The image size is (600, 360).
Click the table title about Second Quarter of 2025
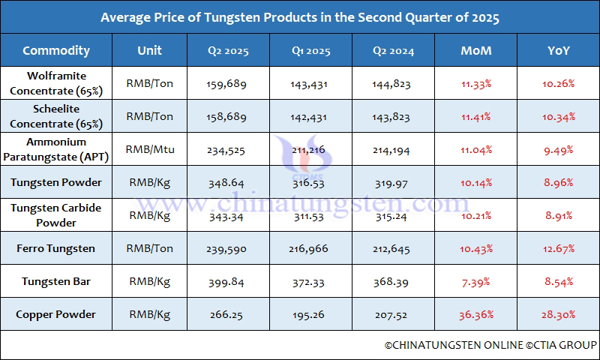tap(300, 16)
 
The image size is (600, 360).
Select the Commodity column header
tap(56, 51)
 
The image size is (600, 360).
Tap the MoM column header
tap(476, 51)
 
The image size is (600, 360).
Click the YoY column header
tap(558, 51)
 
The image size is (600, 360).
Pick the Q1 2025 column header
tap(310, 52)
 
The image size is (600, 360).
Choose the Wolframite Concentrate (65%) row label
tap(56, 83)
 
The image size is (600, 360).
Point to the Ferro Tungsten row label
tap(56, 248)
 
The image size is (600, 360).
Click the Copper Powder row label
tap(56, 314)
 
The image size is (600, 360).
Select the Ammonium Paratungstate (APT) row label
tap(56, 149)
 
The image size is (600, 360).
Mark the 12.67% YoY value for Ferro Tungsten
tap(558, 249)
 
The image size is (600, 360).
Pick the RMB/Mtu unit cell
tap(150, 149)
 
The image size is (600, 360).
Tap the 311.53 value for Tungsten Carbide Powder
tap(309, 216)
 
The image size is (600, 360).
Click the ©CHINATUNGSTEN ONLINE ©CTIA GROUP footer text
tap(490, 345)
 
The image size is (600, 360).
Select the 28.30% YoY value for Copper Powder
tap(558, 315)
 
